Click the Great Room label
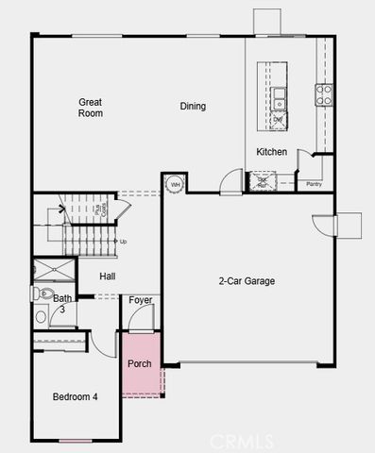point(91,108)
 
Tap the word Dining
point(193,107)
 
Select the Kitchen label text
point(271,152)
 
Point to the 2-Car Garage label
point(247,280)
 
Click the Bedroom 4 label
point(75,396)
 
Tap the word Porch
point(139,363)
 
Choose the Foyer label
point(141,301)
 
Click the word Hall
point(108,277)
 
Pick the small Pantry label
point(315,185)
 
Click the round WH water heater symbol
point(175,184)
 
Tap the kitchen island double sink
point(281,97)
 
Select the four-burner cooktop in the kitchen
point(324,93)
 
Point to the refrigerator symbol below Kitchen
point(260,182)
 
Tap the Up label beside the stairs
point(123,242)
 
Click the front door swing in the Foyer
point(138,321)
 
